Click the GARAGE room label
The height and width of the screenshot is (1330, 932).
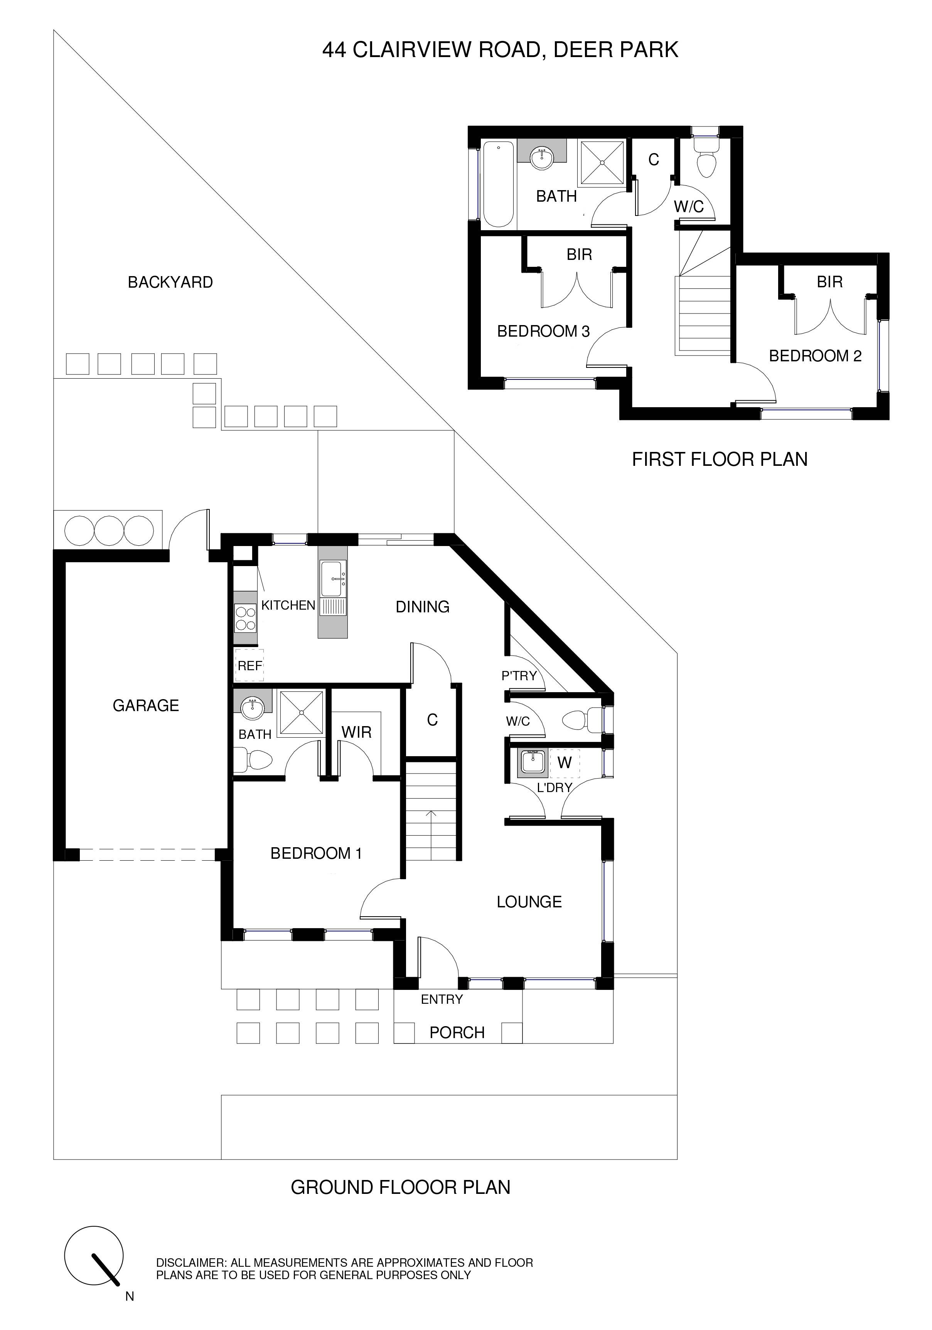(145, 706)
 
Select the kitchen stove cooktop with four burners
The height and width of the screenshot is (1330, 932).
(245, 617)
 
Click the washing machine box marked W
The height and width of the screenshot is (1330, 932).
(564, 763)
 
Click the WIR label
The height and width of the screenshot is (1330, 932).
(356, 732)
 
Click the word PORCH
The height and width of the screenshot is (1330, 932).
(457, 1032)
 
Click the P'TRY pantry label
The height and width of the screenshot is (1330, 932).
(519, 676)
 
